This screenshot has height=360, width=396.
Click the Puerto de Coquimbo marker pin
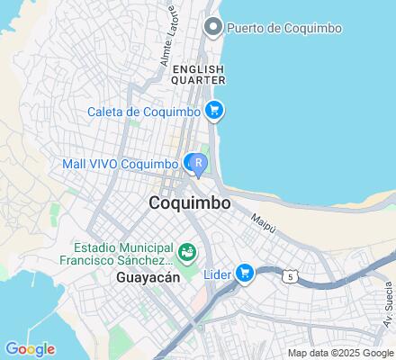pyautogui.click(x=213, y=27)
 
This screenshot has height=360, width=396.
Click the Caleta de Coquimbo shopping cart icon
pyautogui.click(x=213, y=111)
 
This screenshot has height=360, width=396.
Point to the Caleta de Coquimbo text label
pyautogui.click(x=143, y=112)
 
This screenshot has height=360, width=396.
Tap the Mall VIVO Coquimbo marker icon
pyautogui.click(x=195, y=163)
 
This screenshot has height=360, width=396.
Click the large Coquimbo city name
pyautogui.click(x=189, y=204)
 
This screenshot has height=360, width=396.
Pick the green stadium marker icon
pyautogui.click(x=187, y=250)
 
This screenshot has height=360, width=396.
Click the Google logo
pyautogui.click(x=30, y=349)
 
